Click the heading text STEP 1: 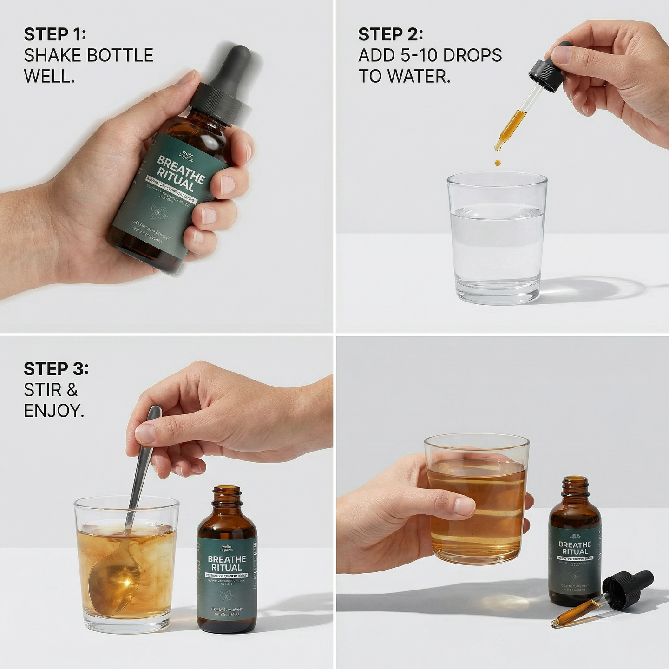coord(55,34)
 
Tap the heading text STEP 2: coord(390,34)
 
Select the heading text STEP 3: coord(56,369)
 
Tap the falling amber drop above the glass coord(498,163)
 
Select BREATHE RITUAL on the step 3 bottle coord(227,563)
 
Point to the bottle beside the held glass coord(575,544)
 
